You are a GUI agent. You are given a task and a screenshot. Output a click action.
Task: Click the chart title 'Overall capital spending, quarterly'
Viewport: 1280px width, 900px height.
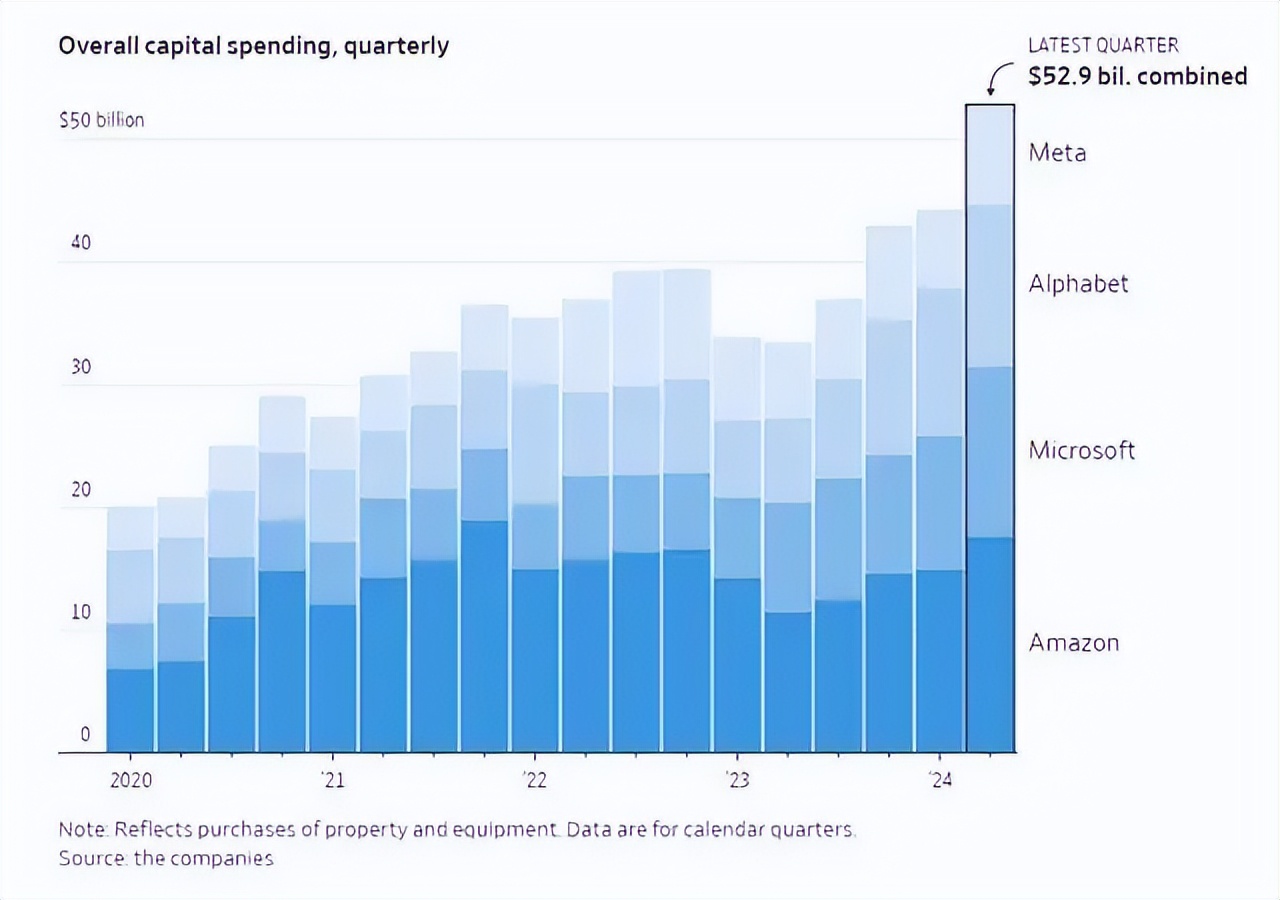(x=254, y=46)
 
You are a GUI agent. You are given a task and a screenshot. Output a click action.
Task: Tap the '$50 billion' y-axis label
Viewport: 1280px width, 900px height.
(x=101, y=120)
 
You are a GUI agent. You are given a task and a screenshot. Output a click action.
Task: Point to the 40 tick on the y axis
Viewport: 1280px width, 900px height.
(x=80, y=243)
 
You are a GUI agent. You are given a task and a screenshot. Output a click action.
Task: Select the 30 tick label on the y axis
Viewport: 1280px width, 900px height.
(x=80, y=367)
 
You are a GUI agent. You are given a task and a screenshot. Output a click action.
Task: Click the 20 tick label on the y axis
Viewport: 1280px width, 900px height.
(x=80, y=490)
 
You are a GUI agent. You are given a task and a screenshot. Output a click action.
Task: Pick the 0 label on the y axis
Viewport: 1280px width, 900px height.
(x=85, y=735)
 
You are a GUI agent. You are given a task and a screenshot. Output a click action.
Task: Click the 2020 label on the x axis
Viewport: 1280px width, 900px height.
(x=130, y=780)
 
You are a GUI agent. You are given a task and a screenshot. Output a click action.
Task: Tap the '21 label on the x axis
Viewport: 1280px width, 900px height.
(x=333, y=780)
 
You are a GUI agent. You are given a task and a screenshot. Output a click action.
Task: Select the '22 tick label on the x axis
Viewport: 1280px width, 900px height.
(x=535, y=780)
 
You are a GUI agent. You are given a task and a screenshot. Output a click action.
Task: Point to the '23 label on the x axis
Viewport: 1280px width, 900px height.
(x=737, y=780)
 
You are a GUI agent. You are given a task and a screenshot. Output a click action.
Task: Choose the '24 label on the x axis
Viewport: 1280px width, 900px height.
(x=940, y=780)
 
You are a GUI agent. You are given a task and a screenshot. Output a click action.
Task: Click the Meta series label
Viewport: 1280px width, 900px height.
(x=1057, y=153)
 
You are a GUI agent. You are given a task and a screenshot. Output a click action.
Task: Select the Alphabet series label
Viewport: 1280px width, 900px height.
(x=1078, y=284)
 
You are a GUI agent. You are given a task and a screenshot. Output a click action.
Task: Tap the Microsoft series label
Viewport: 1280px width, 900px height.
(x=1082, y=450)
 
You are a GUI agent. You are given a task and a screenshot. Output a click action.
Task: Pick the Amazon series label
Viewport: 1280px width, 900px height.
(x=1074, y=642)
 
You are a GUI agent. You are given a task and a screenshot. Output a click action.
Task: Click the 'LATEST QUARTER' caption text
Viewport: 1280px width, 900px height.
(x=1103, y=45)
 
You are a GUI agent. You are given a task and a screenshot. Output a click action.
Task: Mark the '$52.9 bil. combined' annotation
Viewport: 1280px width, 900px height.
(x=1138, y=76)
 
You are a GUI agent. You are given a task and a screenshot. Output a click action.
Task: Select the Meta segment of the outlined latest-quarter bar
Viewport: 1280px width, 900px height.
(x=990, y=155)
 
